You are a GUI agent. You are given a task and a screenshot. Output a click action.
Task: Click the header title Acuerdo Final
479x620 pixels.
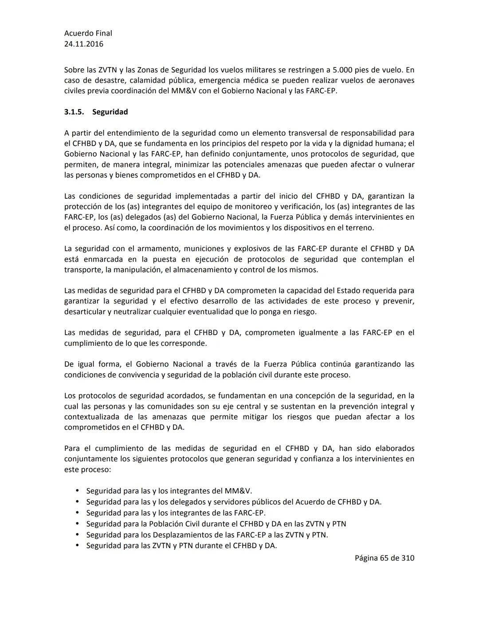click(x=88, y=33)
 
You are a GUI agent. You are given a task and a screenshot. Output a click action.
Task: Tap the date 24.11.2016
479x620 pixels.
click(x=84, y=44)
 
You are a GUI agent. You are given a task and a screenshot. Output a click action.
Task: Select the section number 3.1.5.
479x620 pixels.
click(x=74, y=112)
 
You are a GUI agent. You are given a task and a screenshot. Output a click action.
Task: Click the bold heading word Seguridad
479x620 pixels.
click(x=110, y=112)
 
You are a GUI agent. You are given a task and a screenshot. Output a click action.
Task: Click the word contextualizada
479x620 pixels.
click(x=92, y=417)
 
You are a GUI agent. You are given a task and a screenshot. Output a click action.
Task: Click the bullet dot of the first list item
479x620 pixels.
click(x=77, y=491)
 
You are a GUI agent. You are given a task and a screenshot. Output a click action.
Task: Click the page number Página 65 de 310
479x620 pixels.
click(x=384, y=558)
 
